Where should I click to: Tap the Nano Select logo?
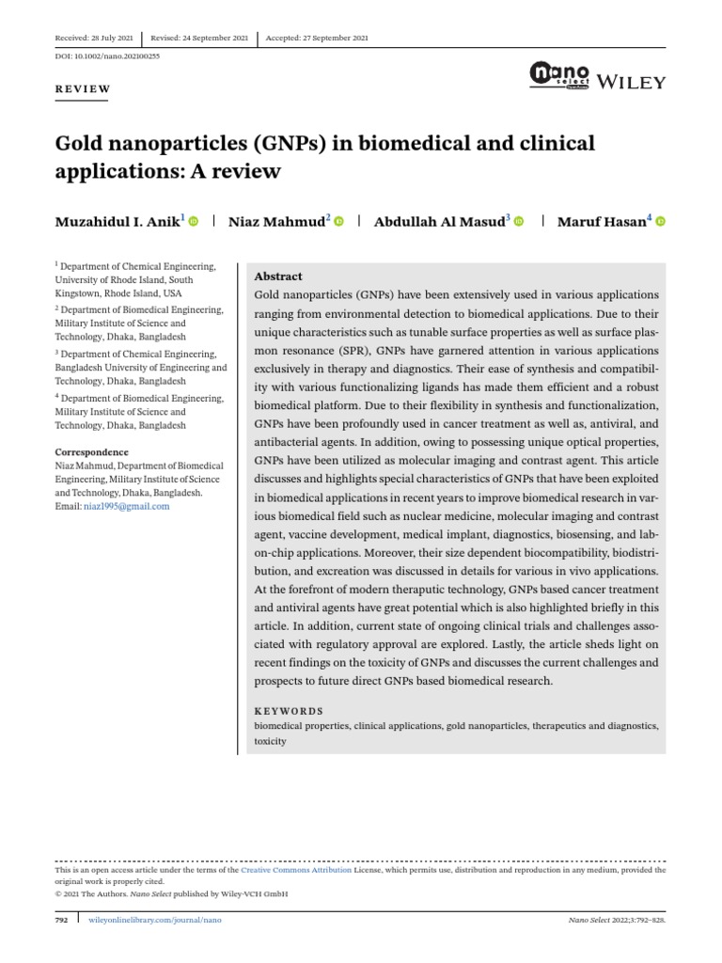pyautogui.click(x=560, y=75)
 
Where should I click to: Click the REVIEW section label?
pyautogui.click(x=84, y=89)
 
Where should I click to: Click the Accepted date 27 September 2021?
pyautogui.click(x=317, y=39)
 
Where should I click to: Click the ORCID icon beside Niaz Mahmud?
pyautogui.click(x=339, y=222)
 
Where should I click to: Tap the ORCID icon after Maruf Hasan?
pyautogui.click(x=660, y=222)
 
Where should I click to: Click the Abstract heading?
pyautogui.click(x=278, y=276)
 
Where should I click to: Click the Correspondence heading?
pyautogui.click(x=91, y=451)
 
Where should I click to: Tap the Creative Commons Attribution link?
pyautogui.click(x=296, y=871)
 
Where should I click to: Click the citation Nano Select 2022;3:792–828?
pyautogui.click(x=618, y=919)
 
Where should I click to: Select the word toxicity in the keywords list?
pyautogui.click(x=270, y=741)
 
